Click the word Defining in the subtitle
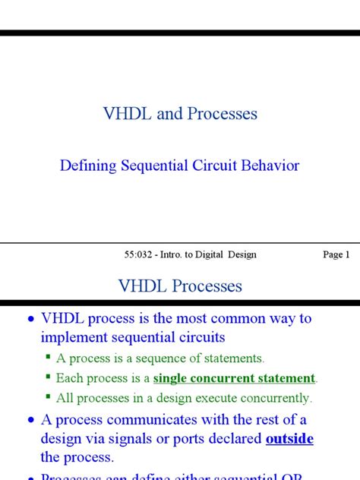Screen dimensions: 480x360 (x=89, y=166)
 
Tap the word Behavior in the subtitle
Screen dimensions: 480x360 (x=267, y=166)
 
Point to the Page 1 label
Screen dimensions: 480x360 (x=336, y=254)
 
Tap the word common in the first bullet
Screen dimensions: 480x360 (x=230, y=319)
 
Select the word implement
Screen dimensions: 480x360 (x=78, y=338)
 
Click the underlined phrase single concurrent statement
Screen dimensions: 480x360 (x=234, y=377)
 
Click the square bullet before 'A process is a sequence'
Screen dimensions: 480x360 (x=47, y=357)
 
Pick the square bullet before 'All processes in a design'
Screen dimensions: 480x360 (x=47, y=396)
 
